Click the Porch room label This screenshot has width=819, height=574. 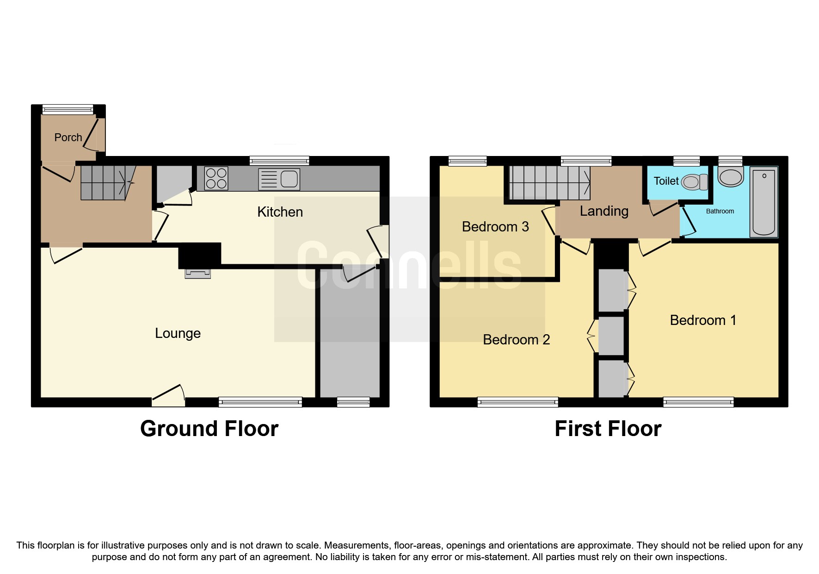[68, 137]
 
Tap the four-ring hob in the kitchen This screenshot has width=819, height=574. [216, 179]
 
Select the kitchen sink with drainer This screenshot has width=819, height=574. [279, 179]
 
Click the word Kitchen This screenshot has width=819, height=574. [280, 212]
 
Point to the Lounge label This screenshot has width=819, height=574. [178, 333]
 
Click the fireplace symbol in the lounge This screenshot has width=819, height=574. [198, 274]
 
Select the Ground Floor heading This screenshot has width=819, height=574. [209, 429]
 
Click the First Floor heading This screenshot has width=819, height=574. [608, 429]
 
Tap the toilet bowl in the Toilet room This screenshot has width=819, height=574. [693, 182]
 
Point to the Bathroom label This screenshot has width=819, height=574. [720, 211]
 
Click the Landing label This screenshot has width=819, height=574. [604, 211]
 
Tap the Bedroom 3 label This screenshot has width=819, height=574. [495, 227]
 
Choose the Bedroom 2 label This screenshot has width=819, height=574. [516, 340]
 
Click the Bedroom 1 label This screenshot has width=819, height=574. [702, 320]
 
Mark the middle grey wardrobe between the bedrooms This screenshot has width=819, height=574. [611, 336]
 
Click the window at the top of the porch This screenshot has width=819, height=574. [68, 110]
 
